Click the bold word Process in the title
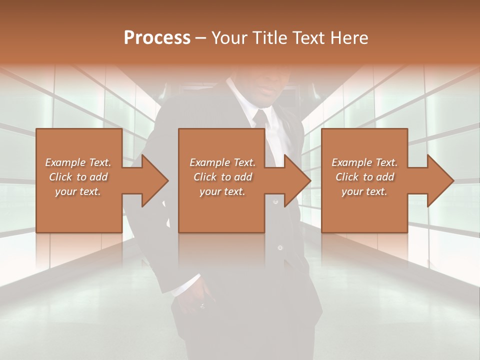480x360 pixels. coord(157,38)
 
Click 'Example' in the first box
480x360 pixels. coord(65,162)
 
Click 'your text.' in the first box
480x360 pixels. coord(78,191)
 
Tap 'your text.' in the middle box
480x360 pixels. coord(222,191)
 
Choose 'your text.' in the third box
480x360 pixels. coord(364,191)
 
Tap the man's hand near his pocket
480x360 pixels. coord(197,300)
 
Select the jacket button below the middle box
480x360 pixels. coord(280,247)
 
